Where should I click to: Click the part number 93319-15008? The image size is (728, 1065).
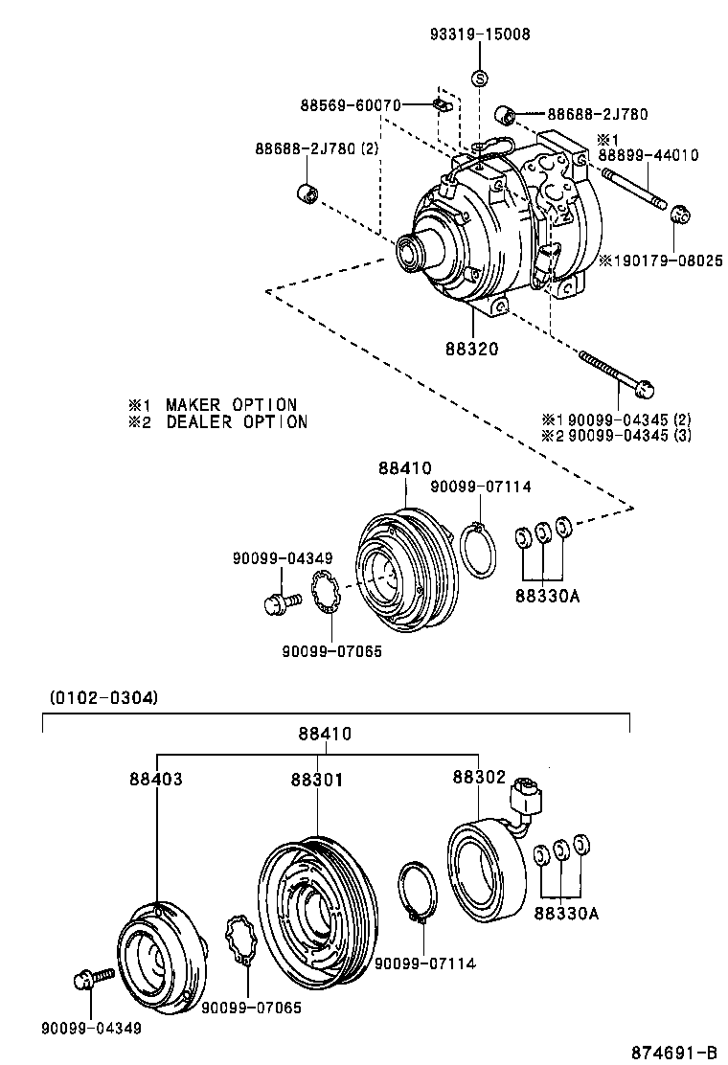479,34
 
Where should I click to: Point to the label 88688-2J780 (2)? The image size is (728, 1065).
317,148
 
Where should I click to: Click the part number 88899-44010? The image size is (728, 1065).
648,154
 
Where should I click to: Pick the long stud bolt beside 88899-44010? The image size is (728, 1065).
635,188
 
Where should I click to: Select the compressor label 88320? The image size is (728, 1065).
470,349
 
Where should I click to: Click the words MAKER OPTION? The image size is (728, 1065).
231,405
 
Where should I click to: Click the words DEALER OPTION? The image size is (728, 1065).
237,421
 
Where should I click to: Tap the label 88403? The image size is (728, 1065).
156,780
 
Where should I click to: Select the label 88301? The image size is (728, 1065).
317,780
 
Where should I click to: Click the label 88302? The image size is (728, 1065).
478,779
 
